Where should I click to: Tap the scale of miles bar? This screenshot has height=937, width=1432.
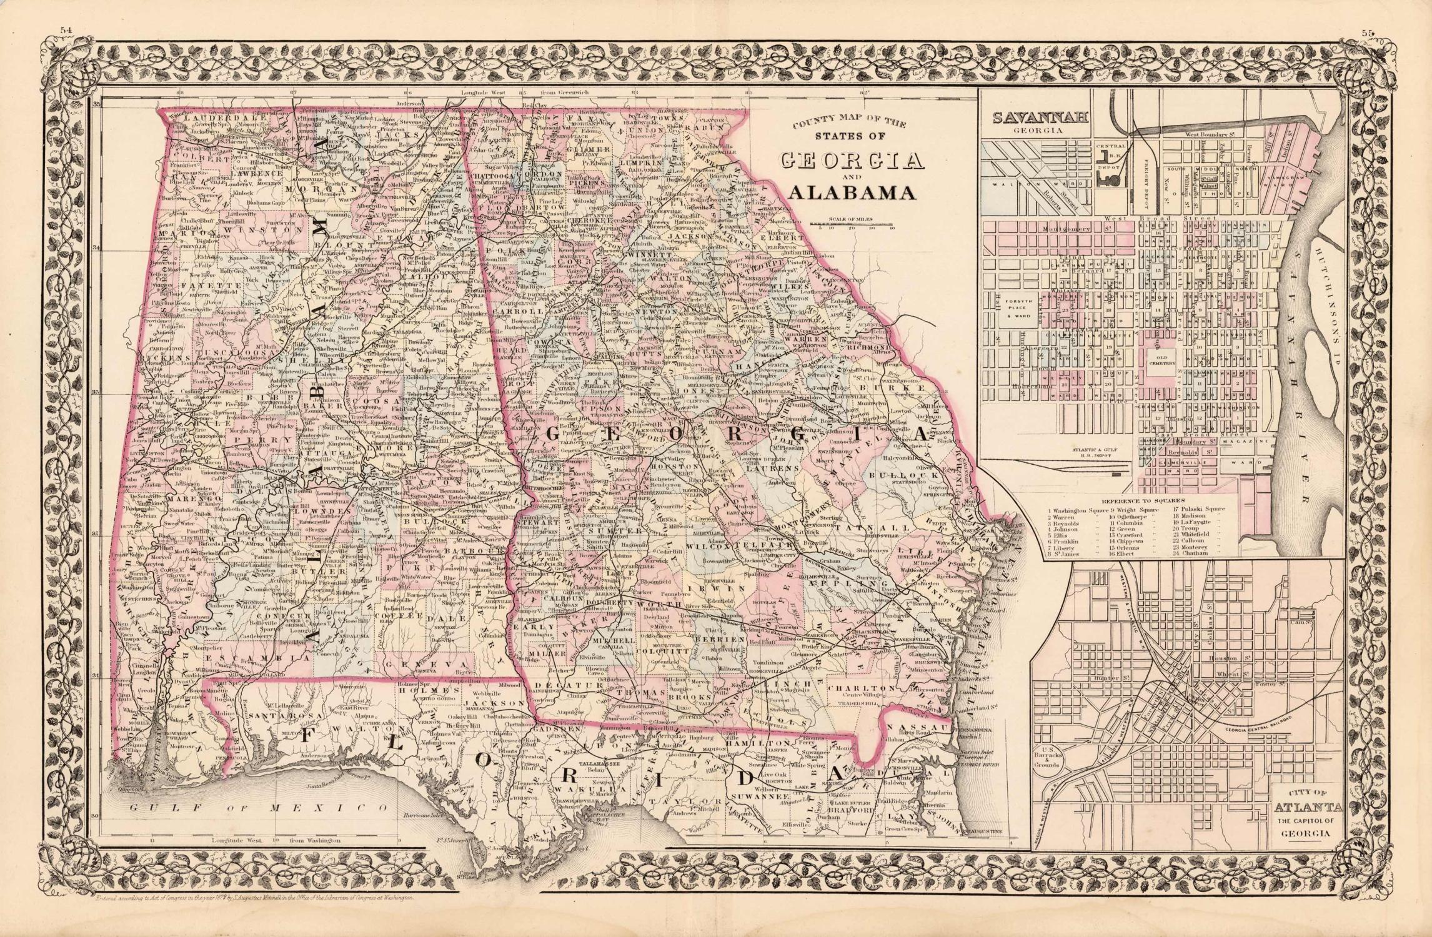pyautogui.click(x=852, y=223)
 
